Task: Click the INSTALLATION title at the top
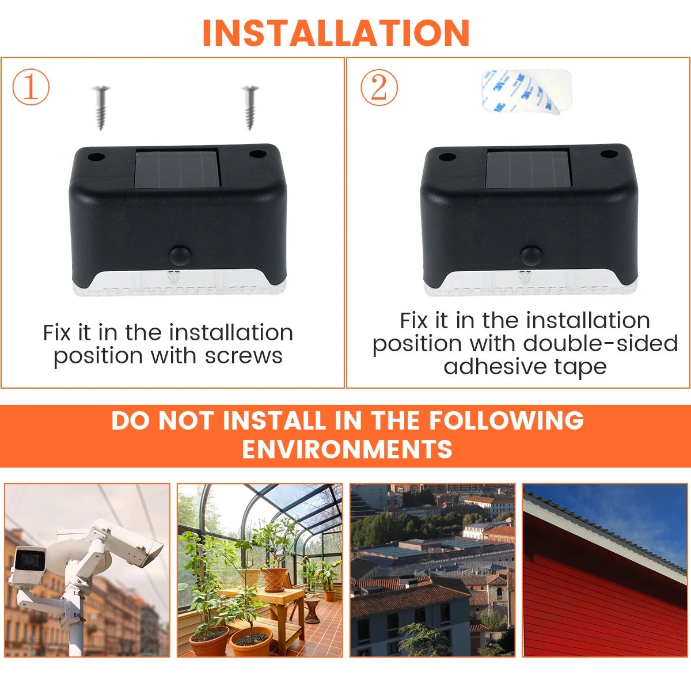(336, 33)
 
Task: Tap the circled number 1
(31, 88)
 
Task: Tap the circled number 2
(379, 88)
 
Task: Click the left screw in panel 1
(101, 107)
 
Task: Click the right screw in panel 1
(250, 107)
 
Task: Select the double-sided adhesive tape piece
(526, 91)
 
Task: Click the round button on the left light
(180, 255)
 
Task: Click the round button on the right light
(530, 256)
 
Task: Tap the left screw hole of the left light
(96, 157)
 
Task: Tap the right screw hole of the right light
(609, 155)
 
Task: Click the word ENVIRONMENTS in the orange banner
(347, 449)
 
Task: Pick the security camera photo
(88, 570)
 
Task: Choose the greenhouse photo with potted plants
(260, 570)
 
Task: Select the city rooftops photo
(432, 570)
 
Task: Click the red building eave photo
(605, 570)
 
